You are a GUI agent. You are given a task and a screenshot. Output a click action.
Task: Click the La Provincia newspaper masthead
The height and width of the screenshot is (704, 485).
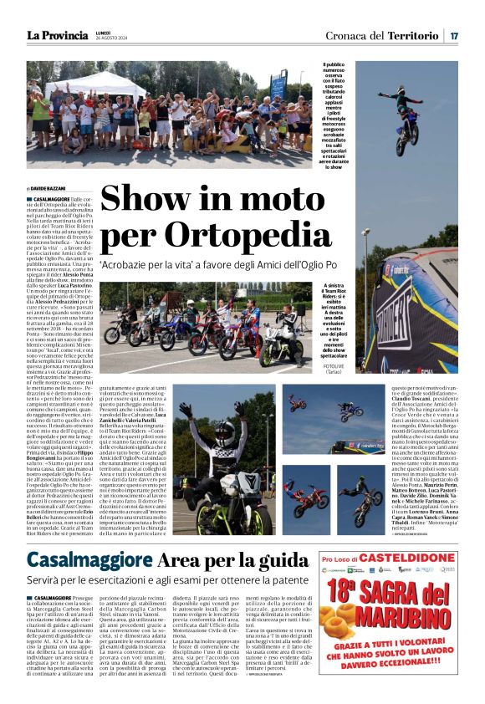[57, 35]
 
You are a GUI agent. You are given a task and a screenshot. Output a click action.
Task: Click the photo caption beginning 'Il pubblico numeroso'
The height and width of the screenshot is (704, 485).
[334, 113]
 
